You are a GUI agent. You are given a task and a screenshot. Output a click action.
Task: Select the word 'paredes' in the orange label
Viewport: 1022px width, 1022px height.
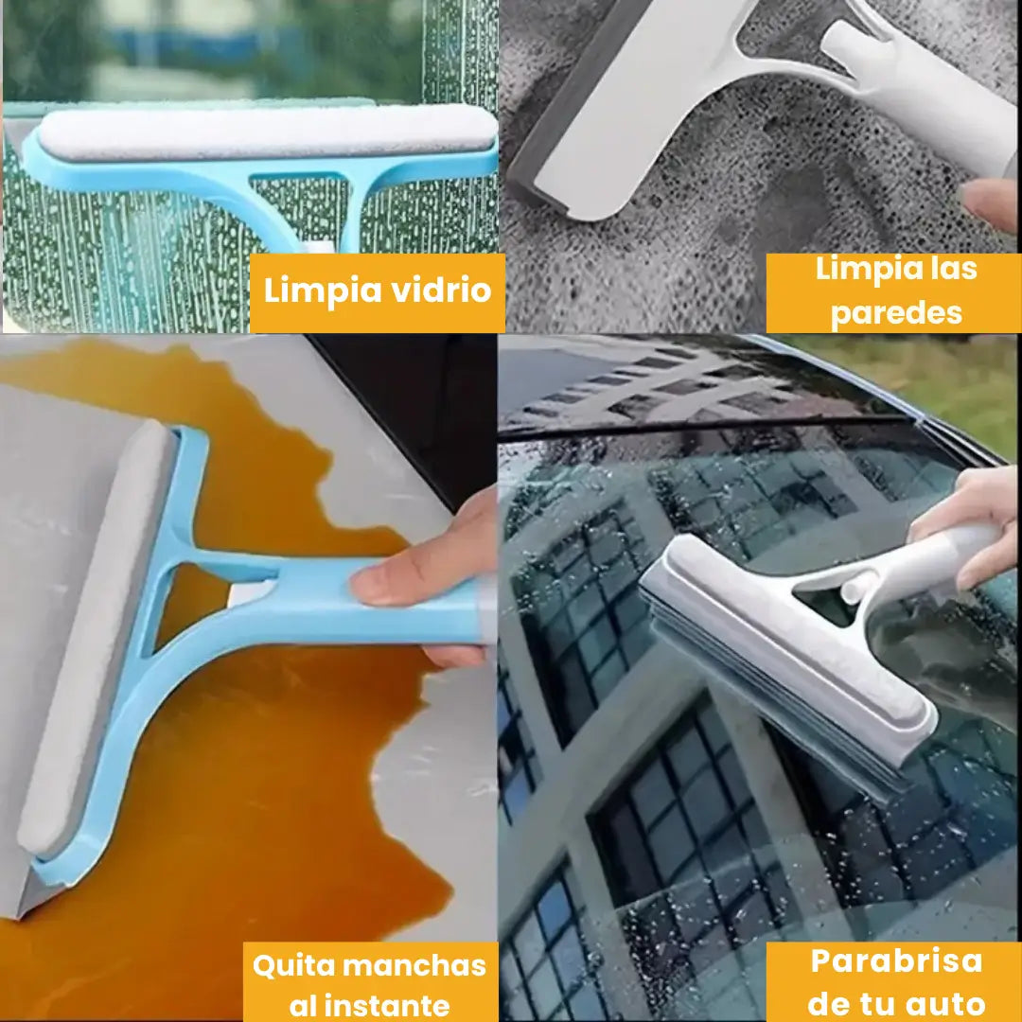[896, 313]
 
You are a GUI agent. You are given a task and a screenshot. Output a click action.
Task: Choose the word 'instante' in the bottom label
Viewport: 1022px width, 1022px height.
[394, 1006]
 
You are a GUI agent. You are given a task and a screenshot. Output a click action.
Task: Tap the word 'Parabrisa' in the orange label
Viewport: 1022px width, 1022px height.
[896, 960]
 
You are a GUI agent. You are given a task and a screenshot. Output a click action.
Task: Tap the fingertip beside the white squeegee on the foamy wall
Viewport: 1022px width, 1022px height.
[990, 203]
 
